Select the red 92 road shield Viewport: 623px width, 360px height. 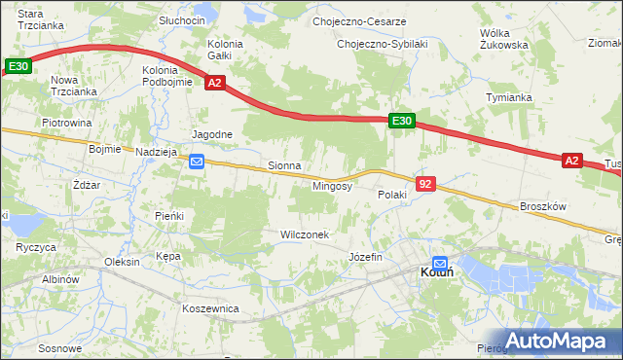point(424,183)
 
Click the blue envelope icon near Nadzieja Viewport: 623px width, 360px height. point(197,162)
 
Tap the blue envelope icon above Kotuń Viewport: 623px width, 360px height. point(440,262)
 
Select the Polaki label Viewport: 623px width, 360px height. point(391,195)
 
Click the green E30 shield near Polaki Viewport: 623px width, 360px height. point(403,121)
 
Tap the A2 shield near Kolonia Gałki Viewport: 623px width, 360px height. point(215,85)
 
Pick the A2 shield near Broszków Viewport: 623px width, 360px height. point(571,161)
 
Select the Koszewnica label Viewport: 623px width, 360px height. point(210,308)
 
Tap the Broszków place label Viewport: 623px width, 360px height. point(543,207)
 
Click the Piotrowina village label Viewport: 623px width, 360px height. point(66,124)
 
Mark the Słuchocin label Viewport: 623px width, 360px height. point(182,20)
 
